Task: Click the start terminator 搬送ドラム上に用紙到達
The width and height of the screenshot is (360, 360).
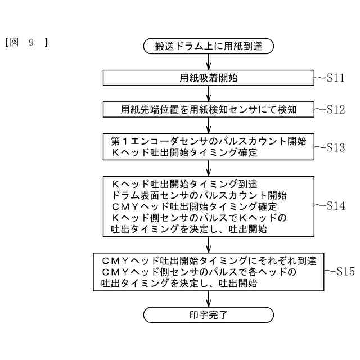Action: tap(209, 46)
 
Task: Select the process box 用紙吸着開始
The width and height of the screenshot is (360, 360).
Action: tap(209, 78)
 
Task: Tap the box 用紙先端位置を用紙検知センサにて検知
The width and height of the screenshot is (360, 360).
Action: tap(209, 110)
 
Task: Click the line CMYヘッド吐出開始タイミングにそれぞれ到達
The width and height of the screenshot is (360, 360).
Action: tap(209, 260)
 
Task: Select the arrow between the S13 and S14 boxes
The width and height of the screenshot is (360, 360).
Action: tap(209, 168)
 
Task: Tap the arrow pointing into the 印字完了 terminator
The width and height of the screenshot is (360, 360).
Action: tap(209, 299)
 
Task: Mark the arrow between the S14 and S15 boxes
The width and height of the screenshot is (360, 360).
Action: tap(209, 244)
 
